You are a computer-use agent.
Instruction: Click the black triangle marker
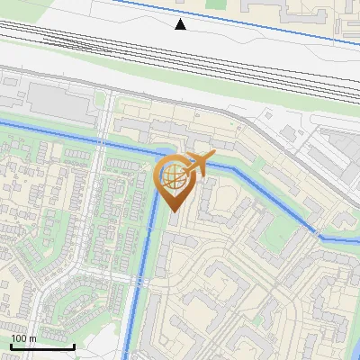[181, 24]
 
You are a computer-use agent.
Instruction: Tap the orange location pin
[175, 180]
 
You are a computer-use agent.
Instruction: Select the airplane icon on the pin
[199, 163]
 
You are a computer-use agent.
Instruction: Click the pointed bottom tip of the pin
[175, 211]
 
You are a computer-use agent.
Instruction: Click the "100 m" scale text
[23, 338]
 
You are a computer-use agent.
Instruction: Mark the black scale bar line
[42, 346]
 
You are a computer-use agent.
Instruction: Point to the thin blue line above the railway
[270, 22]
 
